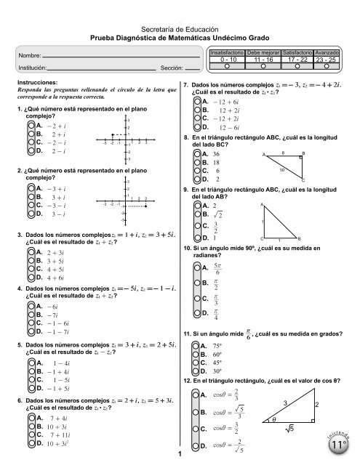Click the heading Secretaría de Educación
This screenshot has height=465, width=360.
pos(180,24)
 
